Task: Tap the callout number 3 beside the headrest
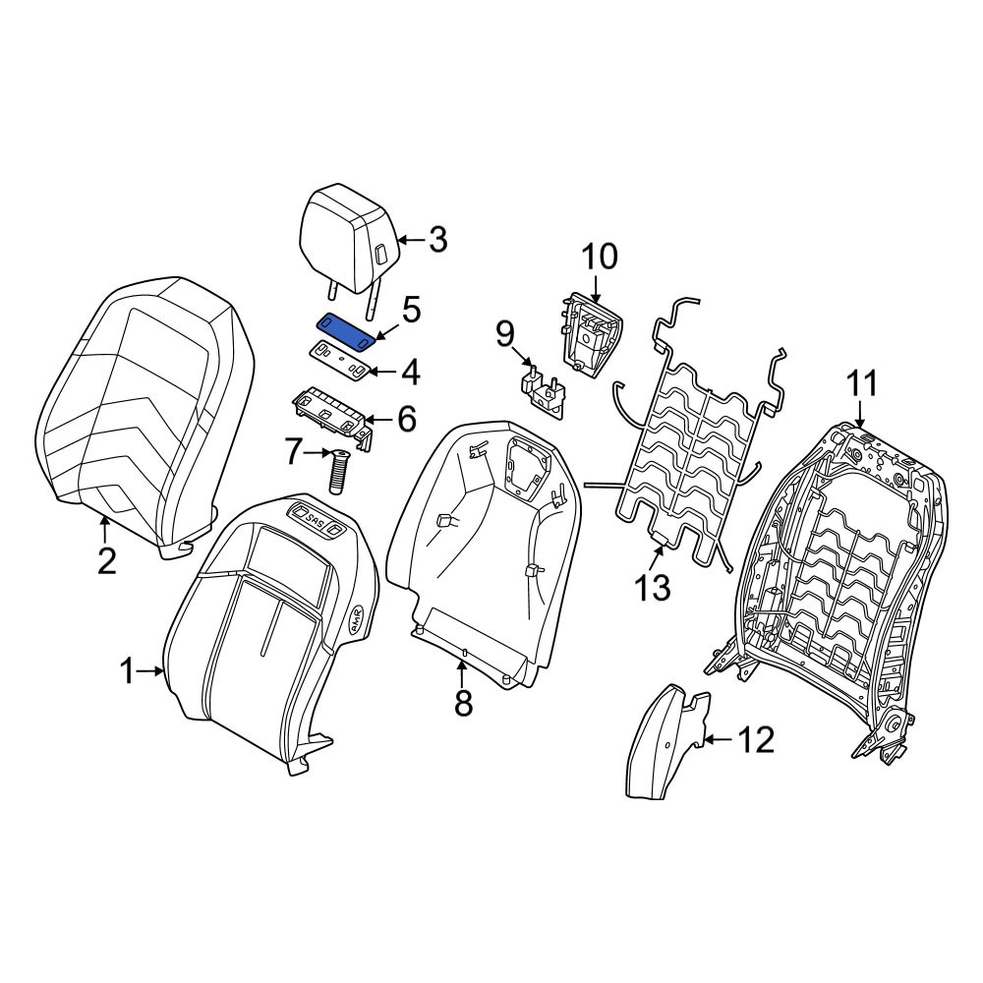coord(437,240)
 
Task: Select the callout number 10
coord(600,257)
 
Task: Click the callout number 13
coord(653,589)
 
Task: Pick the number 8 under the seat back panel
coord(463,704)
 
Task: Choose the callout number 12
coord(757,740)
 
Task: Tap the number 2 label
coord(106,560)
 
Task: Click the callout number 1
coord(127,671)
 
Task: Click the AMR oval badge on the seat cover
coord(358,618)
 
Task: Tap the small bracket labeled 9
coord(543,393)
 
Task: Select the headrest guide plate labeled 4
coord(342,361)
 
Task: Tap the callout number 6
coord(407,418)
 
